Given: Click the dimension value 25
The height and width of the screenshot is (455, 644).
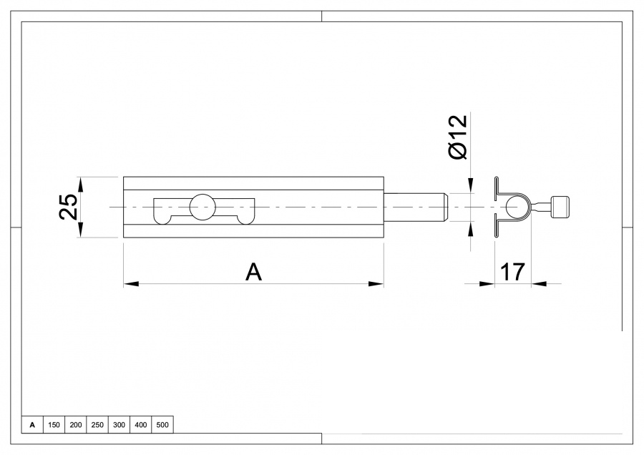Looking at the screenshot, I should tap(68, 207).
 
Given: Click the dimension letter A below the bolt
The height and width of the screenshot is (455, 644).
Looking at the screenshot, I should tap(253, 272).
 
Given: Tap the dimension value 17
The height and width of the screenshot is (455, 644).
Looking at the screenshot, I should tap(512, 272).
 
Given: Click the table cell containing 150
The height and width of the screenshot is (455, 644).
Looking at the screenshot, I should tap(54, 425).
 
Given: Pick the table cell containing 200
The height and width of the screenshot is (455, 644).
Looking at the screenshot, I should tap(75, 425).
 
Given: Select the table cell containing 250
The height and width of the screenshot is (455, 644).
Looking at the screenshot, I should tap(97, 425).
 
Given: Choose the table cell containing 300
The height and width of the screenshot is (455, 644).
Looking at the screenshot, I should tap(119, 425).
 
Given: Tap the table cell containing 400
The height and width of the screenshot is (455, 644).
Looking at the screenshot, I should tap(141, 425).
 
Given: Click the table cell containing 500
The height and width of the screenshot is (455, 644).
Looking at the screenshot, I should tap(162, 425).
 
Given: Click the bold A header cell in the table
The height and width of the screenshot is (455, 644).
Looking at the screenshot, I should tap(32, 425).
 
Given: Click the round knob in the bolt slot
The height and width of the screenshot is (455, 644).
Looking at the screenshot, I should tap(202, 207).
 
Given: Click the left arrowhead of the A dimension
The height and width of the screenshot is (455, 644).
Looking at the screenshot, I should tap(130, 284).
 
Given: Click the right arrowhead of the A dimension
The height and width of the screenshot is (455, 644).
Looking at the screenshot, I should tap(376, 284).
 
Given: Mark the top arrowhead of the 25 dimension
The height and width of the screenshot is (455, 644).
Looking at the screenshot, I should tap(80, 183).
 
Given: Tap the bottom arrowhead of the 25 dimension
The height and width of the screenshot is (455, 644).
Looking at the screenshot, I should tap(80, 230).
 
